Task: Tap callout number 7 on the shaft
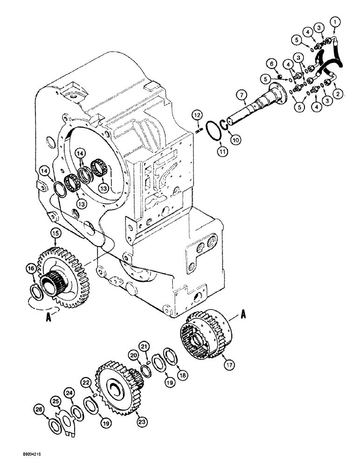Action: [241, 96]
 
